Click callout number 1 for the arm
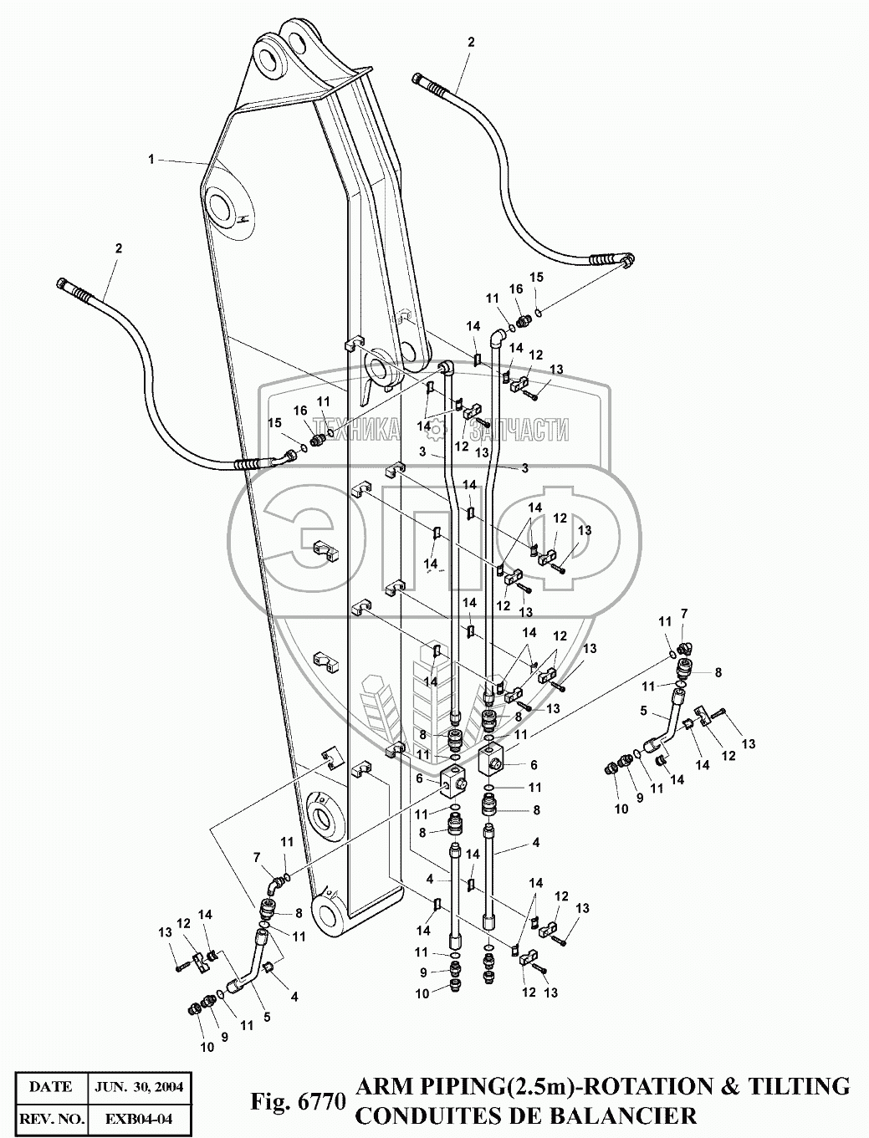[x=151, y=159]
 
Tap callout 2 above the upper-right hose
[x=471, y=41]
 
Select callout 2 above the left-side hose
[x=119, y=248]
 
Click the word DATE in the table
[x=50, y=1087]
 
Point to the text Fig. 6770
[x=299, y=1102]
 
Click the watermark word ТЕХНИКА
[x=356, y=430]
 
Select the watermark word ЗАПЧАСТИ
[x=520, y=430]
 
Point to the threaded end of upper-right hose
[x=426, y=82]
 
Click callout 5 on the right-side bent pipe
[x=643, y=712]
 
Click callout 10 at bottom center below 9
[x=422, y=993]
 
